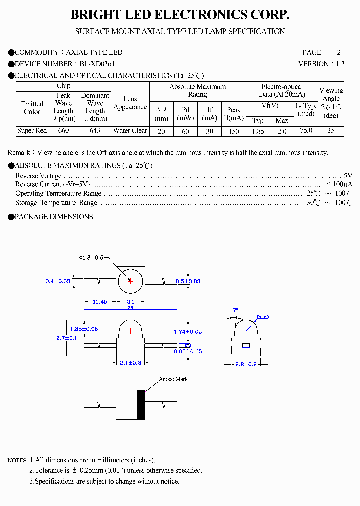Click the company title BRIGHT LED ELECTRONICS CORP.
point(180,15)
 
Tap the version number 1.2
point(340,64)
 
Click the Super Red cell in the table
point(32,131)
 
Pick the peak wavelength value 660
point(63,131)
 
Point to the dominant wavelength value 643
point(95,131)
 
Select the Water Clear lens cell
point(130,131)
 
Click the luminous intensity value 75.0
point(306,131)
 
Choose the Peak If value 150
point(233,131)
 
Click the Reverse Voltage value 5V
point(348,176)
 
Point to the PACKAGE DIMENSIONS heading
point(54,217)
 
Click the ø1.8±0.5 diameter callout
point(91,258)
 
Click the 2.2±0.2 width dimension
point(245,364)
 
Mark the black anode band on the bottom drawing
point(141,404)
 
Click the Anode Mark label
point(173,379)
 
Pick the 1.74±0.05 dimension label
point(188,332)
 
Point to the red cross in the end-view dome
point(246,331)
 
